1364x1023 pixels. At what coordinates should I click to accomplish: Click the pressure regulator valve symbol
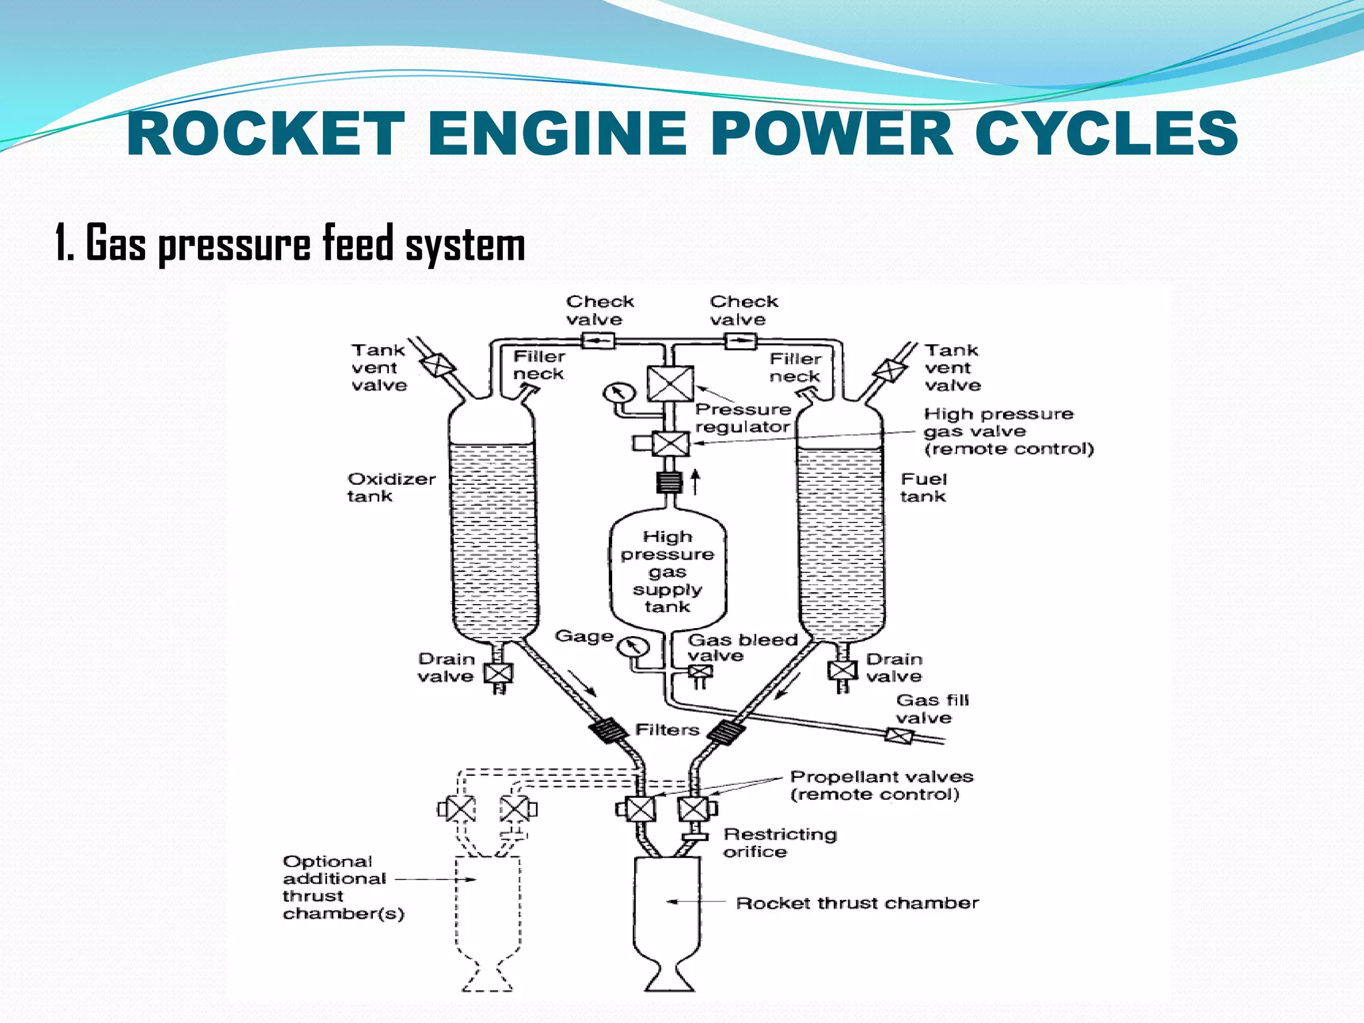tap(670, 384)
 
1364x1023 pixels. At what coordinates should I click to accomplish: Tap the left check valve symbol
tap(598, 342)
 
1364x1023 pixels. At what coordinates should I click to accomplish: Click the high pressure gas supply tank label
tap(667, 571)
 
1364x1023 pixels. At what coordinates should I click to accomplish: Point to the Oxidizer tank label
tap(391, 488)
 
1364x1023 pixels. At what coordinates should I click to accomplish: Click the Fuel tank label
tap(923, 488)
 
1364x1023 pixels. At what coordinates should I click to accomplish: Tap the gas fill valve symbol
tap(898, 736)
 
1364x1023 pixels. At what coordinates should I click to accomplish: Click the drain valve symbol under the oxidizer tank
tap(498, 673)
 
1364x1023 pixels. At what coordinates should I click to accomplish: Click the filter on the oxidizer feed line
tap(608, 731)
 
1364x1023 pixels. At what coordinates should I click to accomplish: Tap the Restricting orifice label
tap(779, 843)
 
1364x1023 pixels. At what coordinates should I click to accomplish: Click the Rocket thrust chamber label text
tap(857, 903)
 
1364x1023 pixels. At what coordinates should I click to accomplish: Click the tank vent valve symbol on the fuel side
tap(888, 369)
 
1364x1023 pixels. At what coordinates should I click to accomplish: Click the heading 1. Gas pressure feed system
tap(290, 244)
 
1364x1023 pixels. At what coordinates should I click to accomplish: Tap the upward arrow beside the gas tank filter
tap(695, 482)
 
